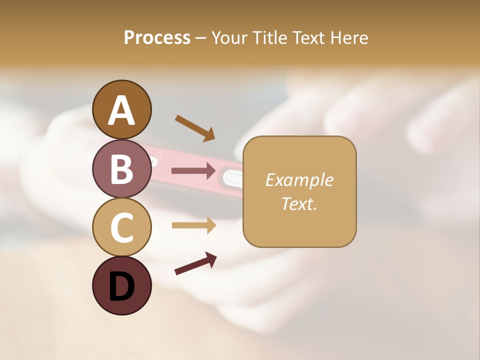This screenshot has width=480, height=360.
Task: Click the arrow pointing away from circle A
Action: click(x=195, y=128)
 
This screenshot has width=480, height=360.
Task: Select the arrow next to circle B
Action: click(x=194, y=171)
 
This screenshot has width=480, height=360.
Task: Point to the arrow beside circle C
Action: click(x=194, y=225)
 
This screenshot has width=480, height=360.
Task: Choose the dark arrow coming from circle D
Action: click(x=195, y=263)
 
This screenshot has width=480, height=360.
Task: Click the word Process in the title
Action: click(x=157, y=37)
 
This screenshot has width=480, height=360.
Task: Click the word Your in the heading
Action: click(x=229, y=37)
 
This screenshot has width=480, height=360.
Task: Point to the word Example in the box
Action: click(x=299, y=180)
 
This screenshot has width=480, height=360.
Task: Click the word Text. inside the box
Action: click(x=299, y=203)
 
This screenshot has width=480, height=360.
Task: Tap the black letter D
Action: click(x=121, y=287)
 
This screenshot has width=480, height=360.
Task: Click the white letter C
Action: click(x=121, y=227)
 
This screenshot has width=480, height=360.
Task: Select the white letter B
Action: click(x=121, y=169)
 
